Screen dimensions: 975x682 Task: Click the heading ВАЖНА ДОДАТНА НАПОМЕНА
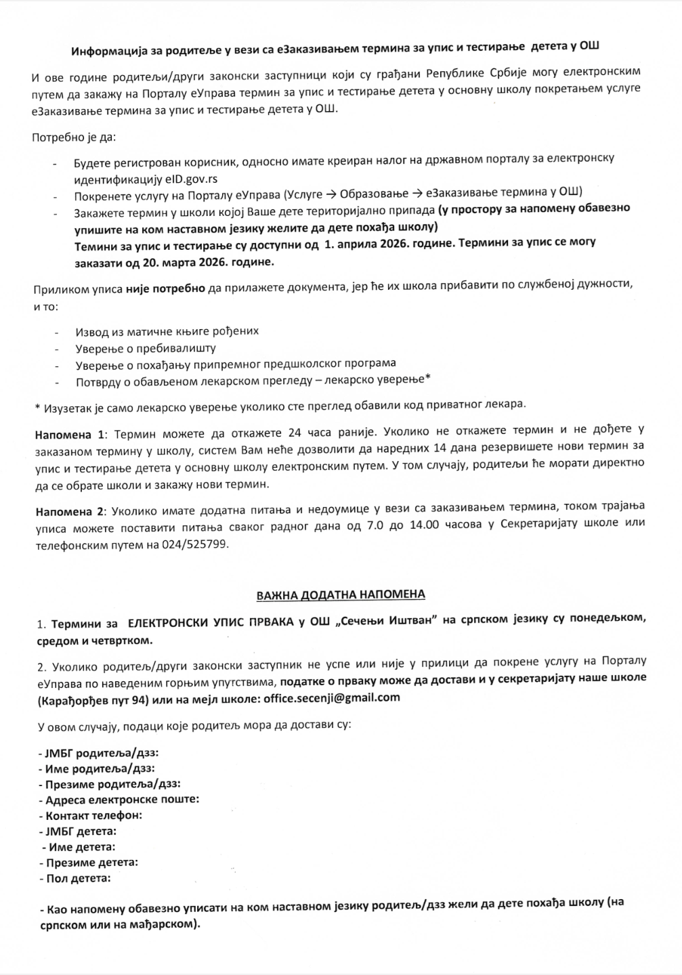tap(341, 594)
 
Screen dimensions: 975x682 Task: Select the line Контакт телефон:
tap(91, 815)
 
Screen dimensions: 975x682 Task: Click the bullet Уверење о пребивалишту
tap(146, 349)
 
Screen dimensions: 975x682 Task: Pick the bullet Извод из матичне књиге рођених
tap(167, 332)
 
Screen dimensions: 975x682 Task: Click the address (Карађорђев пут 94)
tap(90, 698)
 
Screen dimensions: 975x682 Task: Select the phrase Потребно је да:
tap(74, 137)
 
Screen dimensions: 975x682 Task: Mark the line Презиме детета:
tap(89, 863)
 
